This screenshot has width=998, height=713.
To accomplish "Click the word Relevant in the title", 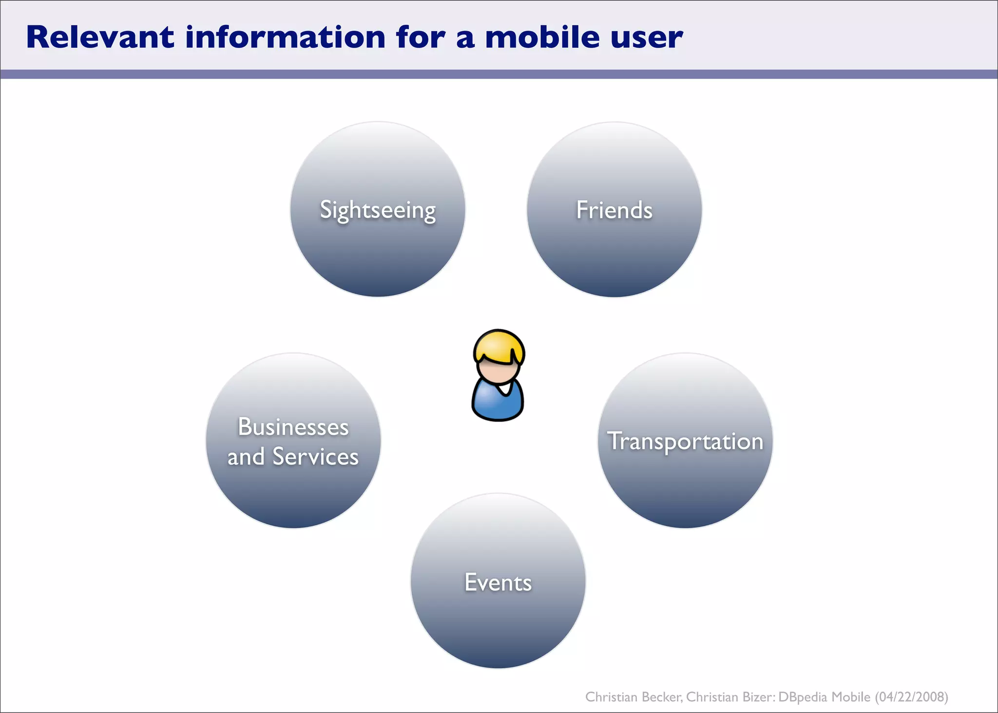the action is (x=100, y=38).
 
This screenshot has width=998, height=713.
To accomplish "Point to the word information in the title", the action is (x=285, y=38).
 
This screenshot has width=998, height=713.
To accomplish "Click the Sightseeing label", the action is (x=378, y=211).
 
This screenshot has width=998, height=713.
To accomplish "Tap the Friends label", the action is (x=614, y=210).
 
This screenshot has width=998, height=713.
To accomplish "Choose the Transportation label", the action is (x=685, y=442).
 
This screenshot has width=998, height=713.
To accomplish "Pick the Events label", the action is (x=498, y=582).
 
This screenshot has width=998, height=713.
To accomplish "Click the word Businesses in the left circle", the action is (x=293, y=427).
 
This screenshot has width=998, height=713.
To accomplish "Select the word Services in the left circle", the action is (x=315, y=457).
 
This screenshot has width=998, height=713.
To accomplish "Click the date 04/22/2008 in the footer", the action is (x=911, y=697).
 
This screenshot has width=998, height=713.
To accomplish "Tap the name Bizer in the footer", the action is (x=758, y=697).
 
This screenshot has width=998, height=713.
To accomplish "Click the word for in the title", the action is (x=421, y=38).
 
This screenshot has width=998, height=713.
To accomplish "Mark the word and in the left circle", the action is (x=246, y=457).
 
